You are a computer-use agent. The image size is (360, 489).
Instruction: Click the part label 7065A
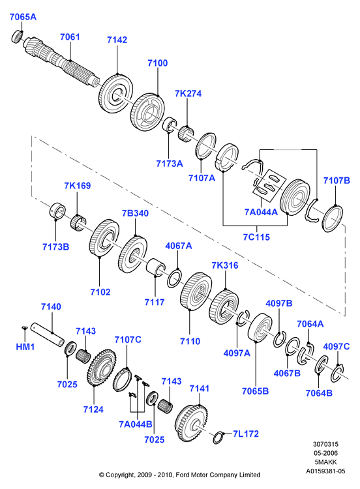click(x=23, y=17)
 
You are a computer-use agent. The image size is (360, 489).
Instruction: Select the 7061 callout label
click(x=70, y=37)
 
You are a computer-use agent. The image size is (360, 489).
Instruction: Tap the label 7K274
click(x=188, y=93)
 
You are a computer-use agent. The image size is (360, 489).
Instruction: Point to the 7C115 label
click(x=256, y=237)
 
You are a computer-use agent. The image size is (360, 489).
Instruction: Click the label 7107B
click(x=337, y=180)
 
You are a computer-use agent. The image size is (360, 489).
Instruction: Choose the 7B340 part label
click(x=135, y=213)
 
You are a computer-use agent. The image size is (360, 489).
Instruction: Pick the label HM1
click(x=25, y=346)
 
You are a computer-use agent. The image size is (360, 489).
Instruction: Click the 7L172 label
click(x=246, y=434)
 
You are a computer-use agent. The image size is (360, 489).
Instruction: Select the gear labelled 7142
click(x=116, y=94)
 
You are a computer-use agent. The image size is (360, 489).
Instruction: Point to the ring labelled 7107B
click(x=332, y=218)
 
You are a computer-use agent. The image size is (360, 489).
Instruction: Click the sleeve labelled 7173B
click(x=57, y=211)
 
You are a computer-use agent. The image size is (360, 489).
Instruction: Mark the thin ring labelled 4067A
click(x=174, y=278)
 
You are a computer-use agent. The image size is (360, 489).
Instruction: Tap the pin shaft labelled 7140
click(x=48, y=334)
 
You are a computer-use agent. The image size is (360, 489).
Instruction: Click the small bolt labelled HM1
click(x=25, y=327)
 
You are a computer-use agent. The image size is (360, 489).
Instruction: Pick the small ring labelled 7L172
click(x=218, y=437)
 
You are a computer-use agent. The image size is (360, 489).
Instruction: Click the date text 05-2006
click(x=325, y=453)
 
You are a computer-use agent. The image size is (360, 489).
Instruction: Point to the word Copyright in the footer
click(x=120, y=475)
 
